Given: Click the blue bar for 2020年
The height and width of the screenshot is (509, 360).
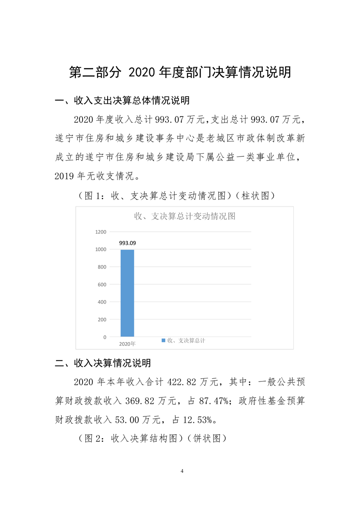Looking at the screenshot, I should click(x=127, y=293).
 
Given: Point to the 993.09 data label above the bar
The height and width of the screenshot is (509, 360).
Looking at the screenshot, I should click(x=128, y=243).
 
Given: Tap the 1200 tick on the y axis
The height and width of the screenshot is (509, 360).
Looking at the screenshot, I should click(x=101, y=232).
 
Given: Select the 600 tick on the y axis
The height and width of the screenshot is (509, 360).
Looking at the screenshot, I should click(x=102, y=284).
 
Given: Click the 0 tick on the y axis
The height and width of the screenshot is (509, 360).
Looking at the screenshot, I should click(x=104, y=337).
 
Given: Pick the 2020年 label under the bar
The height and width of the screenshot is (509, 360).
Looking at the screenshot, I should click(x=127, y=344).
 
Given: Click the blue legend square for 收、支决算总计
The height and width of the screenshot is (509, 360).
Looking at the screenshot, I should click(x=163, y=340).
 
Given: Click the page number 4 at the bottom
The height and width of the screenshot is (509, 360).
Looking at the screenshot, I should click(x=182, y=471).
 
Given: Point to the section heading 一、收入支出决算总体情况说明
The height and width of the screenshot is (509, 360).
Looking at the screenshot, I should click(x=122, y=100).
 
